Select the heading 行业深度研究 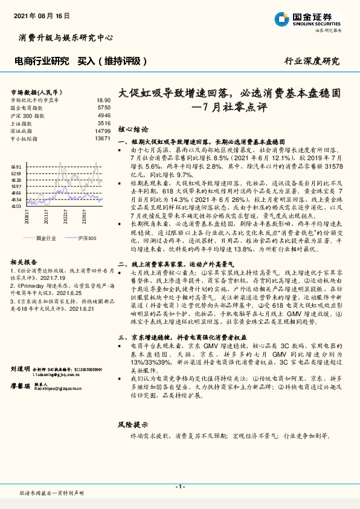coord(312,61)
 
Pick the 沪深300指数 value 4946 coord(103,115)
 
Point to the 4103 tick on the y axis coord(16,206)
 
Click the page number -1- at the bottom coord(180,487)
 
